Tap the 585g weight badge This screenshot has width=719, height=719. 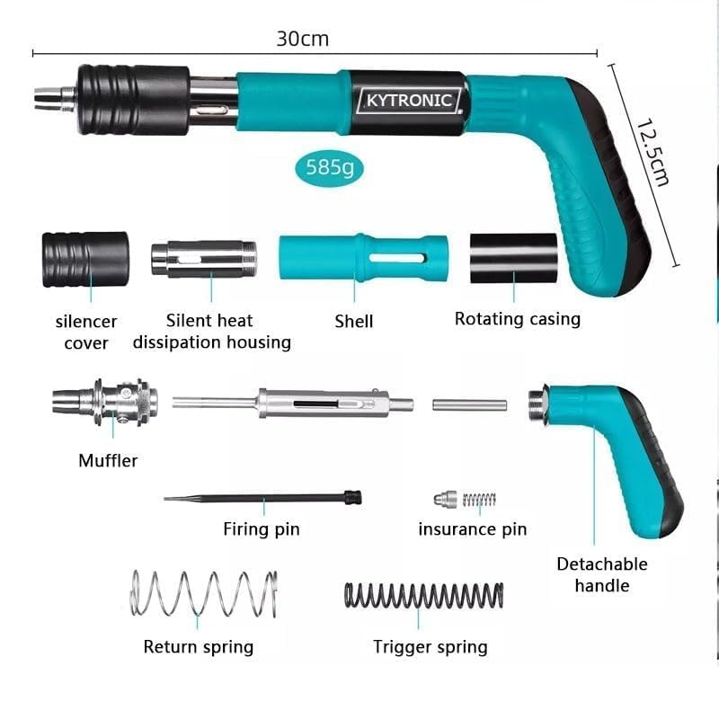tap(330, 167)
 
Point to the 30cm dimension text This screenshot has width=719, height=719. tap(302, 39)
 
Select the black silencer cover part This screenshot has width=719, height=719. tap(85, 259)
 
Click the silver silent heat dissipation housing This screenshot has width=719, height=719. tap(204, 259)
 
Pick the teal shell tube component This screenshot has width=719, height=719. tap(363, 259)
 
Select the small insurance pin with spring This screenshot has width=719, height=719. tap(464, 499)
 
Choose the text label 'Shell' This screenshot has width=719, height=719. tap(353, 321)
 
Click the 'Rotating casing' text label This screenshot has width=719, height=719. tap(517, 318)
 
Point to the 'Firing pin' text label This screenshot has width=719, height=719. tap(261, 529)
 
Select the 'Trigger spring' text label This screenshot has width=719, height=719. tap(431, 646)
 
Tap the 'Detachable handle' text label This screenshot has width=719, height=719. tap(601, 575)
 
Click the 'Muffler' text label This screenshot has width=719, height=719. tap(108, 461)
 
